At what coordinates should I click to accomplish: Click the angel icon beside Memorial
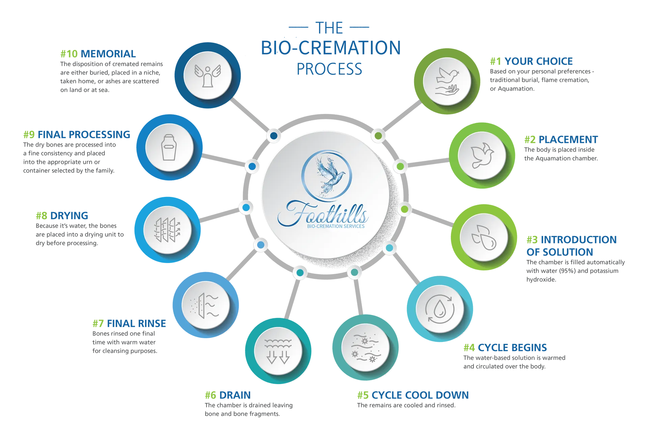[x=208, y=76]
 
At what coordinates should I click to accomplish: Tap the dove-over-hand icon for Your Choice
[x=447, y=82]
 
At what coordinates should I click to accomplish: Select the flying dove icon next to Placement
[x=482, y=155]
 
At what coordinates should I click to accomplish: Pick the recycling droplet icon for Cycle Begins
[x=440, y=309]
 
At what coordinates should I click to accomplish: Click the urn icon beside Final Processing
[x=169, y=147]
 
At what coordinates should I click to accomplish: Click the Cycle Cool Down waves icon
[x=365, y=348]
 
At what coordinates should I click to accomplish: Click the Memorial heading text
[x=109, y=54]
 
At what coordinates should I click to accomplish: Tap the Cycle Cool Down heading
[x=420, y=395]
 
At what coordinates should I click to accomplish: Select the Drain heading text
[x=235, y=395]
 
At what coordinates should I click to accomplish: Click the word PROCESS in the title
[x=330, y=68]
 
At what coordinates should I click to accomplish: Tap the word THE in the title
[x=329, y=28]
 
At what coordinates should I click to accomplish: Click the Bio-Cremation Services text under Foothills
[x=335, y=226]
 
